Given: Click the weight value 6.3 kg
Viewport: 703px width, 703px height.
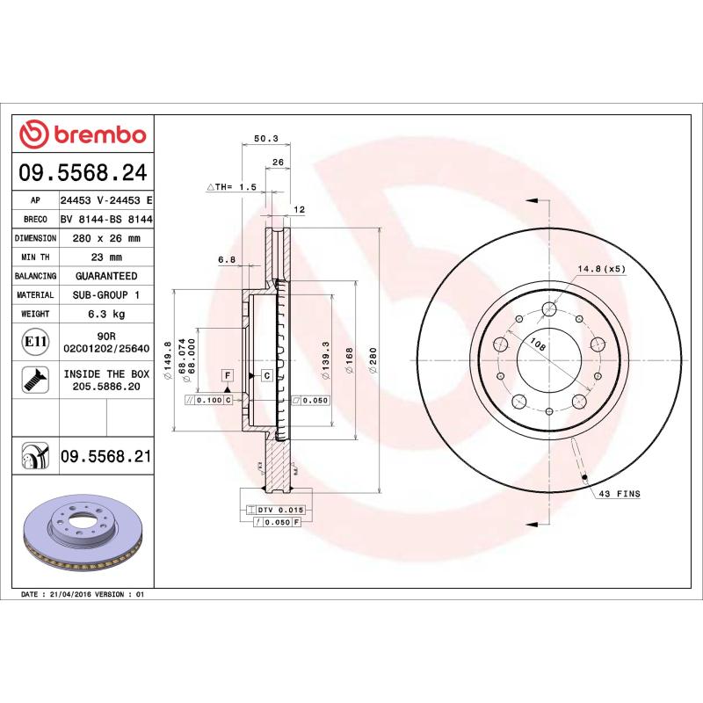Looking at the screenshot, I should pyautogui.click(x=105, y=314).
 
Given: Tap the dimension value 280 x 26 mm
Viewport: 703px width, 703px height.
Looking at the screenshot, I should pyautogui.click(x=105, y=238).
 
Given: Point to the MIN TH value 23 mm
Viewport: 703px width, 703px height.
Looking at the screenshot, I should pyautogui.click(x=105, y=257).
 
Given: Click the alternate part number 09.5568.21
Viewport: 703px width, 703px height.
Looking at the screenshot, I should pyautogui.click(x=105, y=455).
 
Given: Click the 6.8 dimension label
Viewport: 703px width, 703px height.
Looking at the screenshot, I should pyautogui.click(x=227, y=259).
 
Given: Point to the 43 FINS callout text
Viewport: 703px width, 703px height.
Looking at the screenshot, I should pyautogui.click(x=619, y=495).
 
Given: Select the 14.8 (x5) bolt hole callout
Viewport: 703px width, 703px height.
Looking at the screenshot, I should pyautogui.click(x=601, y=269).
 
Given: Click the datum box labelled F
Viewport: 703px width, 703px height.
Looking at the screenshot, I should pyautogui.click(x=227, y=375).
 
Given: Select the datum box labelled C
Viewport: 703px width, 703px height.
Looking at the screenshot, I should pyautogui.click(x=266, y=375).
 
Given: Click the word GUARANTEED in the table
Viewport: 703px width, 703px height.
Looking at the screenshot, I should pyautogui.click(x=105, y=276).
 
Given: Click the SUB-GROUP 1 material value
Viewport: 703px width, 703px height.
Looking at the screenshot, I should pyautogui.click(x=105, y=295).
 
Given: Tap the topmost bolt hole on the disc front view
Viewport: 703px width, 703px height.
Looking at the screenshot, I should pyautogui.click(x=550, y=308).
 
